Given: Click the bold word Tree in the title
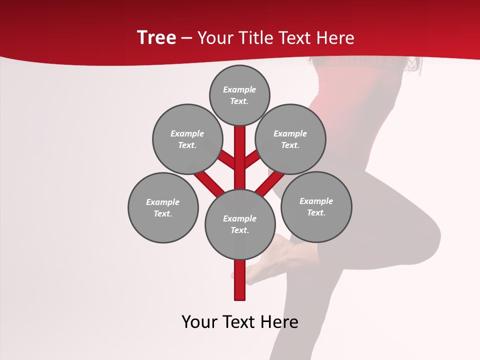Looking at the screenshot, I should tap(156, 37).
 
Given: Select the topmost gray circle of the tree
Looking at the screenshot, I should tap(239, 95).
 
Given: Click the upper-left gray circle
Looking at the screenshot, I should tap(187, 139).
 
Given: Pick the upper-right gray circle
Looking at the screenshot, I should tap(290, 139).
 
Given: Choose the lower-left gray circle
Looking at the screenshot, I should tap(163, 207).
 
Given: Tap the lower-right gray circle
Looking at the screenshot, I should tap(316, 206).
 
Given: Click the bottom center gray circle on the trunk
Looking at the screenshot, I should tap(240, 224).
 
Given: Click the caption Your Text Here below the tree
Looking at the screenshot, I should tap(240, 322).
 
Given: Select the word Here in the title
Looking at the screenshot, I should tap(335, 37).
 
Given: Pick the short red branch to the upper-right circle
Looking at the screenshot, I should tap(252, 160).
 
